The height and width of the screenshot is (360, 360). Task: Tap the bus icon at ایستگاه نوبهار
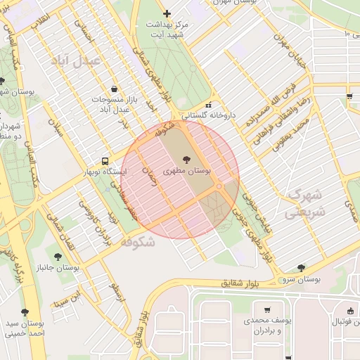[105, 160]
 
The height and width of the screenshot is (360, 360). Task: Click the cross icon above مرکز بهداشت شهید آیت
[167, 13]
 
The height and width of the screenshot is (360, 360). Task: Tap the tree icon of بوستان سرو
[302, 268]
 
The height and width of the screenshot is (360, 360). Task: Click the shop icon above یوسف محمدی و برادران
[267, 309]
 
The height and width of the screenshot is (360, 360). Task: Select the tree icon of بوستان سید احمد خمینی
[26, 311]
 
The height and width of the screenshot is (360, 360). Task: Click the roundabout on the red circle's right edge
[221, 186]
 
